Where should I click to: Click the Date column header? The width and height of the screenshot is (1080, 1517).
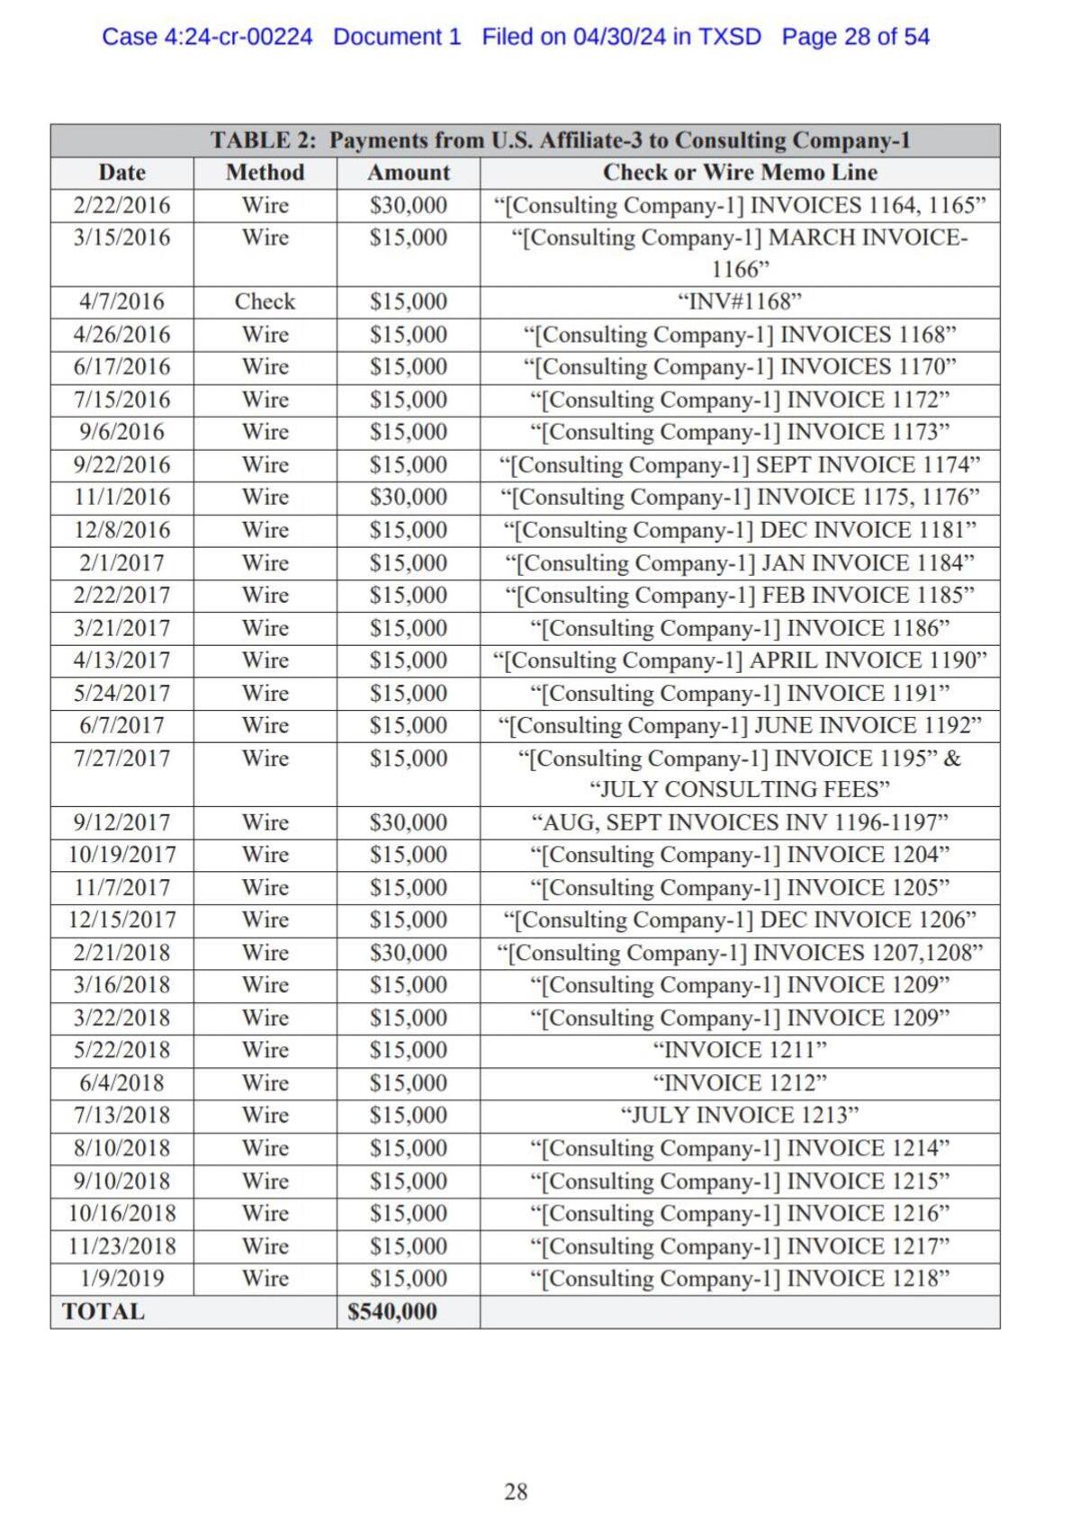tap(121, 173)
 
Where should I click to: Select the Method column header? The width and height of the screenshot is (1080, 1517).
tap(265, 173)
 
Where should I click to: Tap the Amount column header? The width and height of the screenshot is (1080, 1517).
tap(409, 173)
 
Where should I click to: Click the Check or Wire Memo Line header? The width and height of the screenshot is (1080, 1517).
tap(740, 173)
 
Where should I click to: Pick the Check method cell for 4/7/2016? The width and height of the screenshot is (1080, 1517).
tap(265, 301)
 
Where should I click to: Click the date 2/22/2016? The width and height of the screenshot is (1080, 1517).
tap(121, 205)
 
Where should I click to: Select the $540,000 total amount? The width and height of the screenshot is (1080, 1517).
tap(392, 1312)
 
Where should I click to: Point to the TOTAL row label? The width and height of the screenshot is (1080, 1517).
tap(103, 1312)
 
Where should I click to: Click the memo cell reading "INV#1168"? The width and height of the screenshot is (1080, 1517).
tap(740, 301)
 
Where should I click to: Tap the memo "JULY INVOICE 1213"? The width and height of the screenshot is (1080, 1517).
tap(740, 1116)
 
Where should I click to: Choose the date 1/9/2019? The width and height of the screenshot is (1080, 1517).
tap(121, 1279)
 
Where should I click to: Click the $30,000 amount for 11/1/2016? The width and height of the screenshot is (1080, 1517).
tap(409, 498)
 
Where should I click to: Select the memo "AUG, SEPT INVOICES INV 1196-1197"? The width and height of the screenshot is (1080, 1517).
tap(740, 822)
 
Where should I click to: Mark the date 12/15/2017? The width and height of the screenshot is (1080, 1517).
tap(121, 920)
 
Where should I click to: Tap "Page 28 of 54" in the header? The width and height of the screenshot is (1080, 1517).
tap(855, 37)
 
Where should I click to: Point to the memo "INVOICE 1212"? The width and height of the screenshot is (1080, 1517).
tap(740, 1083)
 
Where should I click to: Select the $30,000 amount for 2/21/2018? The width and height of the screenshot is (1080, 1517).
tap(409, 953)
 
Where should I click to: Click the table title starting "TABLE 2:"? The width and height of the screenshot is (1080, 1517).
tap(560, 140)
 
